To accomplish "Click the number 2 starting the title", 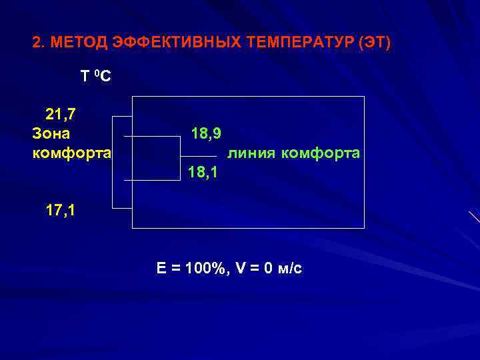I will [37, 43].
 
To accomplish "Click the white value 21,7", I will [60, 111].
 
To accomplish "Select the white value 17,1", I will [61, 211].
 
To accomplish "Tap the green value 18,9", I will [207, 133].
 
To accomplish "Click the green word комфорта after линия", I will [320, 154].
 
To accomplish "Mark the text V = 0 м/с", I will [269, 269].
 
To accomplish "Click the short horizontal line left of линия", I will [200, 155].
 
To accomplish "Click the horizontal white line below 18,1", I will [152, 180].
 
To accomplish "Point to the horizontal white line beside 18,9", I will [152, 135].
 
